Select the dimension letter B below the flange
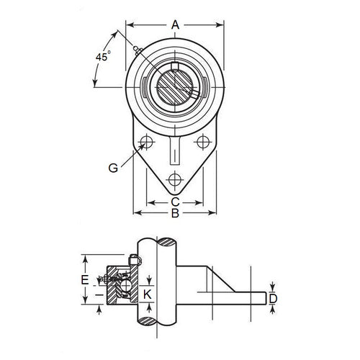tap(174, 213)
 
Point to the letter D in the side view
tap(273, 297)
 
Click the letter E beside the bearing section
tap(85, 279)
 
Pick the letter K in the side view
tap(148, 294)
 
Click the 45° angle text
tap(102, 56)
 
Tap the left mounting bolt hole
tap(147, 140)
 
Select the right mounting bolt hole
tap(202, 140)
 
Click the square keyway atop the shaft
tap(175, 67)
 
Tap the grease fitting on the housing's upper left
tap(137, 49)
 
